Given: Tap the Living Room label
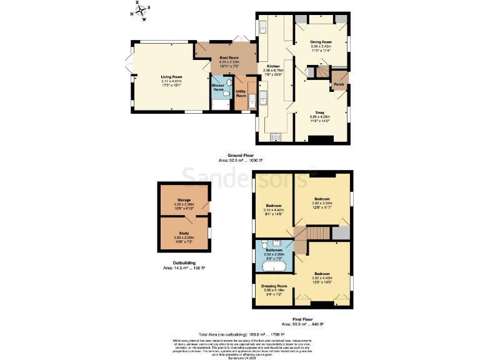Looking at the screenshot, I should pyautogui.click(x=171, y=77).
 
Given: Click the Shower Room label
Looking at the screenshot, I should pyautogui.click(x=218, y=87).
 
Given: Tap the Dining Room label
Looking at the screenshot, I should pyautogui.click(x=321, y=42).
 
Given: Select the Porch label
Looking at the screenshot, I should pyautogui.click(x=339, y=84).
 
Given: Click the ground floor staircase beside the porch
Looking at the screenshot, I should pyautogui.click(x=321, y=72).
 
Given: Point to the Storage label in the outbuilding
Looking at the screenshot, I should pyautogui.click(x=184, y=200).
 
